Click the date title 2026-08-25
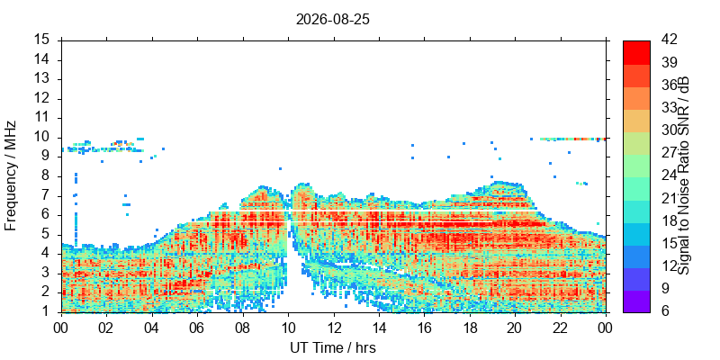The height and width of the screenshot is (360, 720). pos(333,20)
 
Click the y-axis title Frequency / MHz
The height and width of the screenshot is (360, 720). pos(10,175)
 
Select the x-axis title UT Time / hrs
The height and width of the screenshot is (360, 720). pos(333,347)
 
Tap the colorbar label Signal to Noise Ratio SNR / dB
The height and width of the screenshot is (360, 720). pos(684,175)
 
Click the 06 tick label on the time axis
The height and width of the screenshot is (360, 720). pos(197,328)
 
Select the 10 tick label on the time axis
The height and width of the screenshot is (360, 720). pos(288,328)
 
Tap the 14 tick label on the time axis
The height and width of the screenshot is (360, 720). pos(379,328)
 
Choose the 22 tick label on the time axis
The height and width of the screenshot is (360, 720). pos(561,328)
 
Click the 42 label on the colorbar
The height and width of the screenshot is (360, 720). pos(670,40)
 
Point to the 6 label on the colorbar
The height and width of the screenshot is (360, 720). pos(665,311)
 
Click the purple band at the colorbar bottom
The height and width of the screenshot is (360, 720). pos(636,301)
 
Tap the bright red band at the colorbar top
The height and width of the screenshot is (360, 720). pos(636,52)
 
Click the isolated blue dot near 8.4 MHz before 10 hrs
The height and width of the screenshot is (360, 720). pos(280,168)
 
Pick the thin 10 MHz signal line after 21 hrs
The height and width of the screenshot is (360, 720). pos(573,139)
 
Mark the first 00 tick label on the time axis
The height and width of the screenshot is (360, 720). pos(61,328)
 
